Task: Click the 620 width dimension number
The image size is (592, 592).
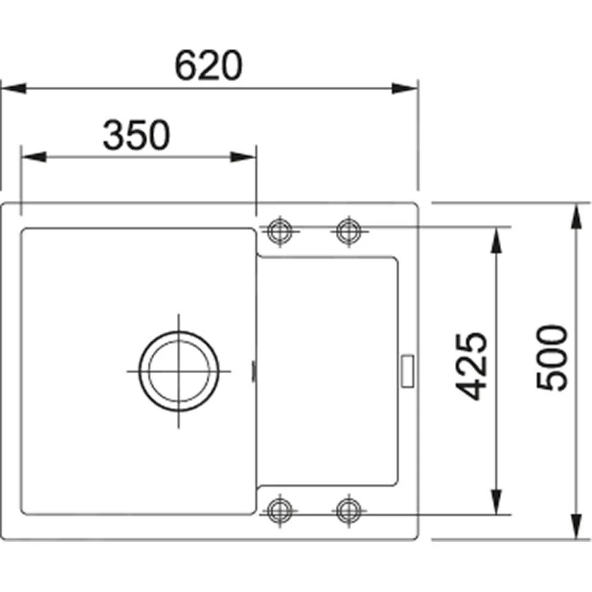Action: pos(209,65)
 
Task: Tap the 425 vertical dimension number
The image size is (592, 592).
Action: pos(472,366)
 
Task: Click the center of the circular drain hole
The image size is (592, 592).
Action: pos(179,370)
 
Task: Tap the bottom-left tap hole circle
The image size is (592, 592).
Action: pos(279,510)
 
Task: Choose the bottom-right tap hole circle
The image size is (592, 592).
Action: pos(348,510)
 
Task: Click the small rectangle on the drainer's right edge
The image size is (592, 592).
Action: pos(408,370)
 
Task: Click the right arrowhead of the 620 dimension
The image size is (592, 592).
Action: pos(405,89)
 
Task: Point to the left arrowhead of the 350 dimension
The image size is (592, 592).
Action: pos(34,157)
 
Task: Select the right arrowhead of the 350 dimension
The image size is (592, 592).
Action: pos(244,157)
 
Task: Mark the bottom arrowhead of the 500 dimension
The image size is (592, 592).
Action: pos(575,527)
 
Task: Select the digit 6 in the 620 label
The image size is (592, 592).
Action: pos(185,65)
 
